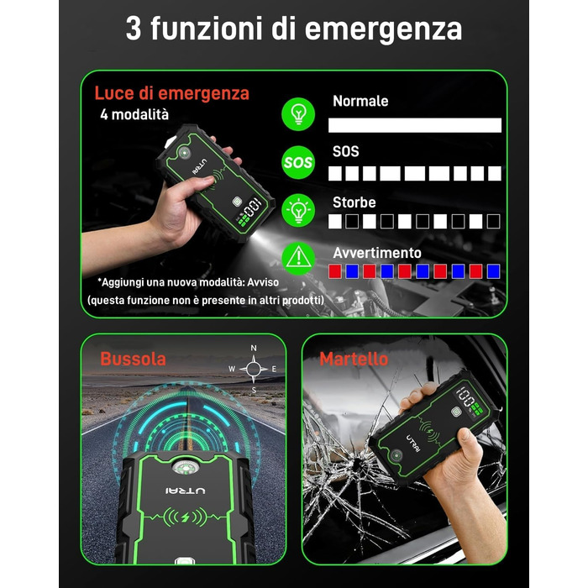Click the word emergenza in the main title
(x=383, y=29)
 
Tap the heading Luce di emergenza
(x=171, y=93)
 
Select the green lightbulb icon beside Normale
(x=298, y=114)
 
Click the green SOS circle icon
(x=298, y=162)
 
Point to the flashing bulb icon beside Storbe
(x=298, y=210)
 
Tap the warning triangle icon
(x=298, y=259)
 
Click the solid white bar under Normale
(x=415, y=125)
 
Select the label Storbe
(x=354, y=202)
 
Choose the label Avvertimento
(x=377, y=253)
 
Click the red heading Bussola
(x=133, y=359)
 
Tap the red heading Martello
(x=354, y=359)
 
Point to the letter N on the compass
(x=254, y=348)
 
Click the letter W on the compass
(x=232, y=369)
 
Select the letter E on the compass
(x=274, y=369)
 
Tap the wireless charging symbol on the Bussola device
(x=186, y=517)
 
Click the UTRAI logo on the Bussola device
(x=186, y=491)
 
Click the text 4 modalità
(x=134, y=114)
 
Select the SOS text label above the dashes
(x=346, y=151)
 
